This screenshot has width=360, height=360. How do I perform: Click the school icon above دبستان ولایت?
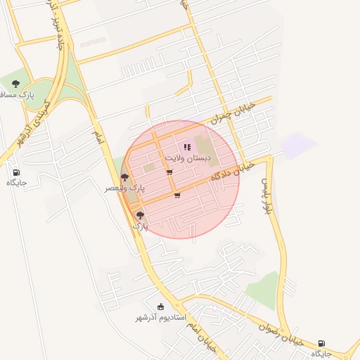click(187, 147)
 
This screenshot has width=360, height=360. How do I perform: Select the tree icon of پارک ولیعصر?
click(124, 177)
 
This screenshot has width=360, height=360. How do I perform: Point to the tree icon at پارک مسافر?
click(15, 84)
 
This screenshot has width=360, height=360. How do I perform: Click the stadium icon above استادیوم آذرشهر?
click(160, 307)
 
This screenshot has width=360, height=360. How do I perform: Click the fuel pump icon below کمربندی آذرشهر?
click(16, 172)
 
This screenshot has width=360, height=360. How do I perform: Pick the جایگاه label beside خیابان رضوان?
click(321, 354)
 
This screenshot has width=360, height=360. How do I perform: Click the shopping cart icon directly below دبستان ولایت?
click(169, 172)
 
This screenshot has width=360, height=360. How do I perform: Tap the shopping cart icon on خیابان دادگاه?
click(176, 196)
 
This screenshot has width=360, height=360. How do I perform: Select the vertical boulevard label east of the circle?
click(267, 196)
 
